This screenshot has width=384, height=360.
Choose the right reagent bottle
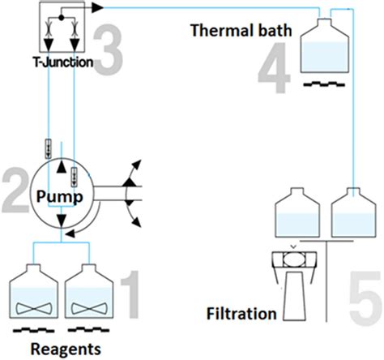[x=91, y=296]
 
